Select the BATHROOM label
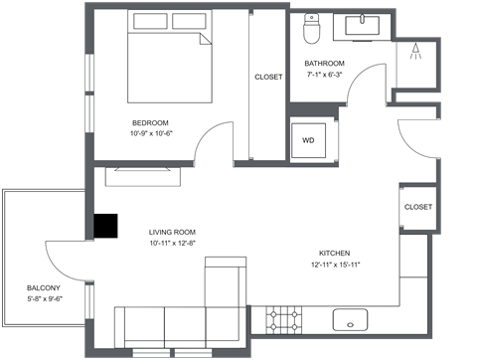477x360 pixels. [x=324, y=64]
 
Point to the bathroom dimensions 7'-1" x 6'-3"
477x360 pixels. [x=324, y=74]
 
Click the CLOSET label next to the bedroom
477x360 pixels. [x=267, y=77]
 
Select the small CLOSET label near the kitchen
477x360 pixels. [x=417, y=207]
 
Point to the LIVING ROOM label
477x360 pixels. [x=170, y=231]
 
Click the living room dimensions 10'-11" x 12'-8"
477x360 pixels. [x=170, y=242]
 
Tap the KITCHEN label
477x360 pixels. [x=335, y=253]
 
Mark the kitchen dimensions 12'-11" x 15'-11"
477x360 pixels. [x=335, y=264]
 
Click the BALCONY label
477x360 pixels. [x=43, y=287]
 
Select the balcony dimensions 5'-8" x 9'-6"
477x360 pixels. [x=43, y=297]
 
